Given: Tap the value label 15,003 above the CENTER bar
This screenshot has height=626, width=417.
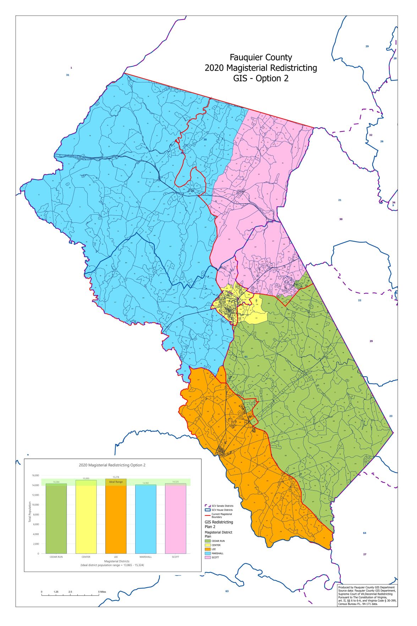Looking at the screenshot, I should pos(86,478).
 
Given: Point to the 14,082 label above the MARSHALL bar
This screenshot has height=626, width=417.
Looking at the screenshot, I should pos(146,483).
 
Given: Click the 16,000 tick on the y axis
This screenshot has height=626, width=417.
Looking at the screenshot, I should pos(35,475).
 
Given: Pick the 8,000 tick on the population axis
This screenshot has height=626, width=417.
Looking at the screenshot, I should pos(36,514).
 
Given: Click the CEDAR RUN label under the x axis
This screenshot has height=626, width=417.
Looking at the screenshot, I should pos(56,557).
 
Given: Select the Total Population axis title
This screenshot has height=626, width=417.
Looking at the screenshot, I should pos(30,512).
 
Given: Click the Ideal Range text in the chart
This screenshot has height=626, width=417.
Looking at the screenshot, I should pos(116,482).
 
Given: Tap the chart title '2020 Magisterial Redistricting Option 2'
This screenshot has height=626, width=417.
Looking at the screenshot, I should pos(112,465).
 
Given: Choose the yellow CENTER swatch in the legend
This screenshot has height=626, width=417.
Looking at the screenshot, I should pos(208,545).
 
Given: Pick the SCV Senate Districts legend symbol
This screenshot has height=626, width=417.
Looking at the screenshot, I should pos(208,506).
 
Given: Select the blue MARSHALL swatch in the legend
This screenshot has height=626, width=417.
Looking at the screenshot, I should pos(208,553).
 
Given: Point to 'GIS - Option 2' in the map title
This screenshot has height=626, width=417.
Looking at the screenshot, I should pos(261,79).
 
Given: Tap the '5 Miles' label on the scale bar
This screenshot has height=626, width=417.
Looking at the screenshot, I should pos(102,592).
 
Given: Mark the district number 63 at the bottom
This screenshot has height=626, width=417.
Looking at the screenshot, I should pos(227,591).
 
